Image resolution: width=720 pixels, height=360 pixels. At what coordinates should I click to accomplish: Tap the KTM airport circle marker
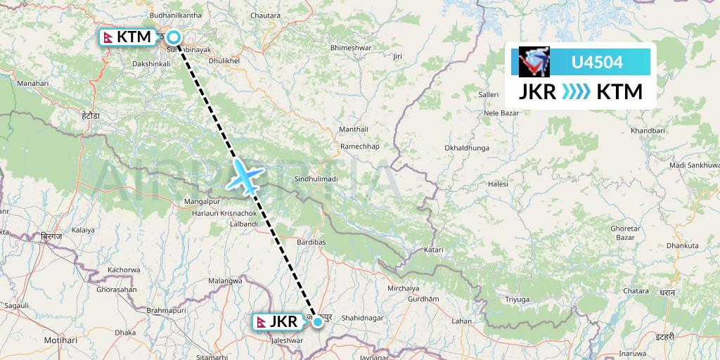click(172, 38)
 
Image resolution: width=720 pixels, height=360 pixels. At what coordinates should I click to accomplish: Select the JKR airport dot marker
click(319, 322)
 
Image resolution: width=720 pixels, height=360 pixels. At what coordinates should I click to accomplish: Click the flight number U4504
click(597, 63)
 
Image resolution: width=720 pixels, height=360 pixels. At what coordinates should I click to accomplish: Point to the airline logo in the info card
click(532, 62)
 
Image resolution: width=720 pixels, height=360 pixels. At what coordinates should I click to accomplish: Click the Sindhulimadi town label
click(316, 179)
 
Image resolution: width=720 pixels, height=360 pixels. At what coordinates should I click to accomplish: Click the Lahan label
click(461, 321)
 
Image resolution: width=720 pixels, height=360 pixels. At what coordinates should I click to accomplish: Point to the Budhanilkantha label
click(180, 13)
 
